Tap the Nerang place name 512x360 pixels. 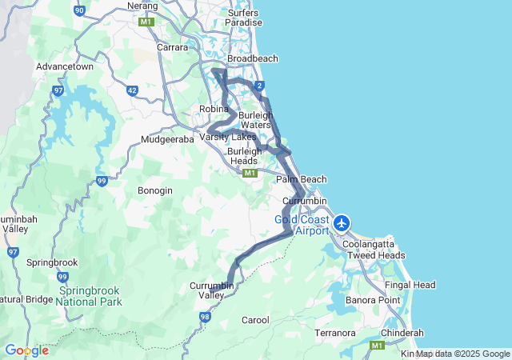pos(143,6)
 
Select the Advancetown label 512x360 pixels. pos(65,66)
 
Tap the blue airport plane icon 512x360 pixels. pos(342,222)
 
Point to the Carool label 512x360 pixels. pos(255,320)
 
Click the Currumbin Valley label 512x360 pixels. pos(211,290)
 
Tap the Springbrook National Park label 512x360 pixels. pos(89,296)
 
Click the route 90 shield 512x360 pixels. pos(79,10)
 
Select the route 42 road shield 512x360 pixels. pos(132,91)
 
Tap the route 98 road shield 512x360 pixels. pos(205,318)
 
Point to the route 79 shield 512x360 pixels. pos(62,277)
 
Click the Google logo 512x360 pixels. pos(26,350)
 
